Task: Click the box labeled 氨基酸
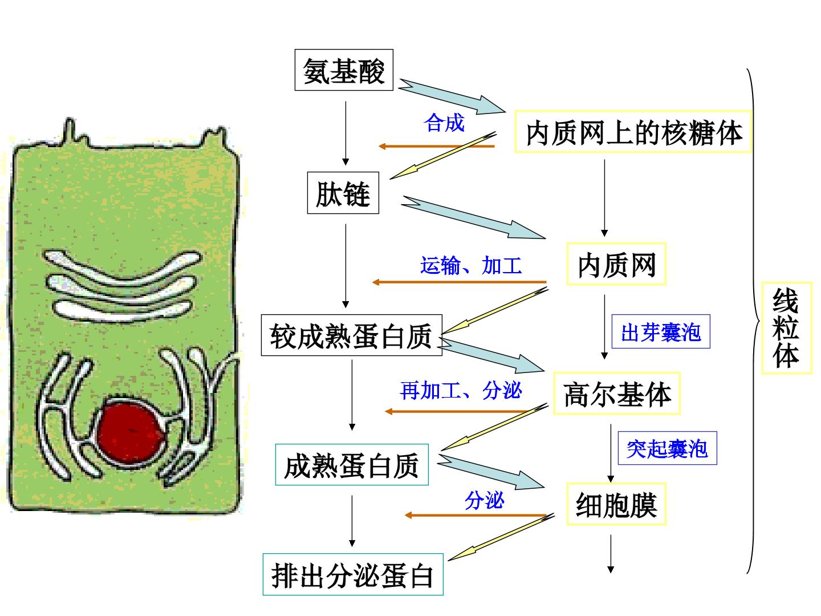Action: point(344,70)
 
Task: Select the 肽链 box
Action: point(343,193)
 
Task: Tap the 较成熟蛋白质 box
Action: point(352,335)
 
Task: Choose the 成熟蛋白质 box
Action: point(352,465)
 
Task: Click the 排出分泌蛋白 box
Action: point(353,574)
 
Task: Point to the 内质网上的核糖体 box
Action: point(633,132)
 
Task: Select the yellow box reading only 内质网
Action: point(616,264)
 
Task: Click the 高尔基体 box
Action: point(617,394)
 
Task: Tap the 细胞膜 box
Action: point(616,504)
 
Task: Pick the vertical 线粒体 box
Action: point(787,328)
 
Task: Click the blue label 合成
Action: point(444,122)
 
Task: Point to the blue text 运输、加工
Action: point(471,265)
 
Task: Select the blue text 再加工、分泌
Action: point(461,391)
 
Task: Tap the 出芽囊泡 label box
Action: point(661,331)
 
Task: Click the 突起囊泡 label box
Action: point(667,448)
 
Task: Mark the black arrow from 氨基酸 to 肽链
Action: point(346,133)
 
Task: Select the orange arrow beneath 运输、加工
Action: point(460,282)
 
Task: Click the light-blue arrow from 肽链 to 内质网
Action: point(474,217)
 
